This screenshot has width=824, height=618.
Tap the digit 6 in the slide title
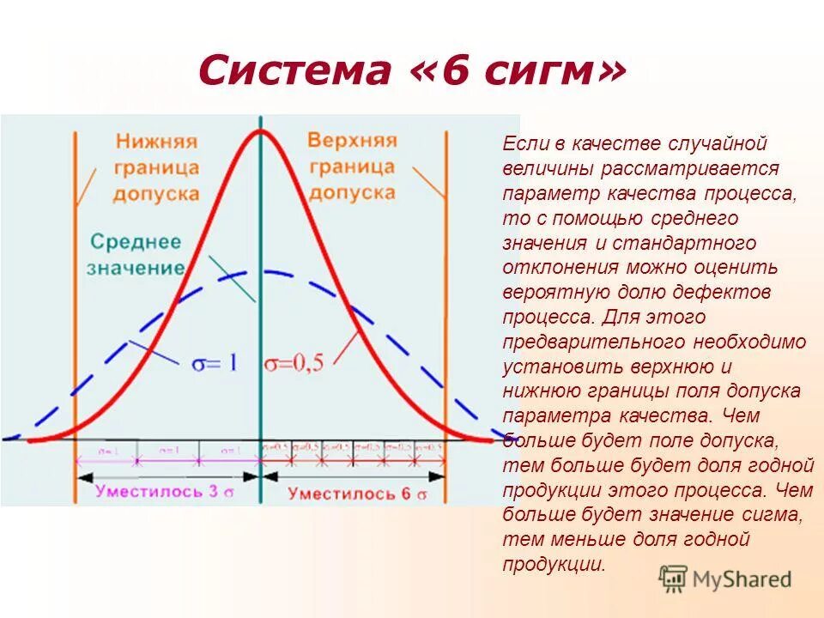pos(457,71)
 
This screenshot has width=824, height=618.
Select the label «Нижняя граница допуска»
pos(156,167)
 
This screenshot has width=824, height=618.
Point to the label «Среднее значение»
pos(136,253)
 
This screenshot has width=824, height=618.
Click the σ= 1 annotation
pos(214,363)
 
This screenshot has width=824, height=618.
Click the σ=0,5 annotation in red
pos(294,363)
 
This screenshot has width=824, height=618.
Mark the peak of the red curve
pos(259,130)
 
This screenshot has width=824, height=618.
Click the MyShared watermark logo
pos(725,579)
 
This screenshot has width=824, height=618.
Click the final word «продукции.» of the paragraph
pos(554,564)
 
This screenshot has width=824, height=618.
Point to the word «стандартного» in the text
pos(700,243)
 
